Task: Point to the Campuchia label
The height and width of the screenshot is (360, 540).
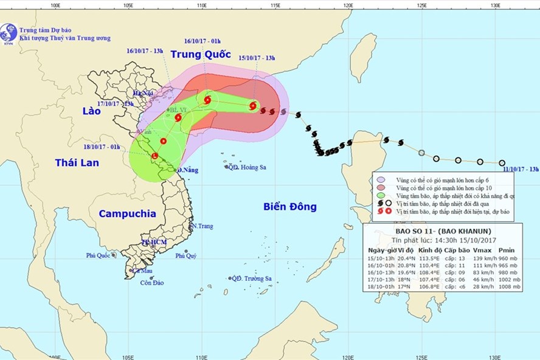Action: point(126,213)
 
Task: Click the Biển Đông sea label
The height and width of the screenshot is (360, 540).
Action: point(290,207)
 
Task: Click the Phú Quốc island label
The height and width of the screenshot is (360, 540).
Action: point(97,255)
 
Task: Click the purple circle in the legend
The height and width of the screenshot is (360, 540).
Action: point(381,179)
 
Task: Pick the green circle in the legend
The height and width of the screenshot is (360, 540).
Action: point(381,196)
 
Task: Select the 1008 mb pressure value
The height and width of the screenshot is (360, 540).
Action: point(508,287)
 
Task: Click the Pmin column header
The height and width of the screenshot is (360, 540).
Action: point(506,250)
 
